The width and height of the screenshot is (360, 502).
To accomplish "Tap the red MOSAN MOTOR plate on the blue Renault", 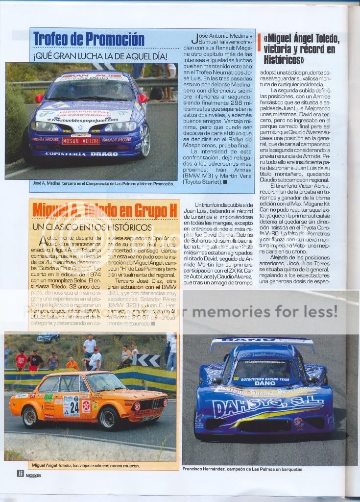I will pyautogui.click(x=81, y=141).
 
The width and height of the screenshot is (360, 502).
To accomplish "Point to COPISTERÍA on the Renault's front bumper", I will pyautogui.click(x=63, y=153).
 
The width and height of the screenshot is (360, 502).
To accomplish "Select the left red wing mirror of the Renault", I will pyautogui.click(x=39, y=98).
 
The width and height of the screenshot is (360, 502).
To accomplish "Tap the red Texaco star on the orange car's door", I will pyautogui.click(x=86, y=405).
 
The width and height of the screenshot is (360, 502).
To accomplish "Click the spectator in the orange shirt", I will pyautogui.click(x=72, y=363).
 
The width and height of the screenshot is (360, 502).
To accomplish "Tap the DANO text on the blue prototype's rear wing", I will pyautogui.click(x=262, y=340).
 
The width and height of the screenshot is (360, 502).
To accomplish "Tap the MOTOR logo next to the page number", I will pyautogui.click(x=33, y=475).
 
